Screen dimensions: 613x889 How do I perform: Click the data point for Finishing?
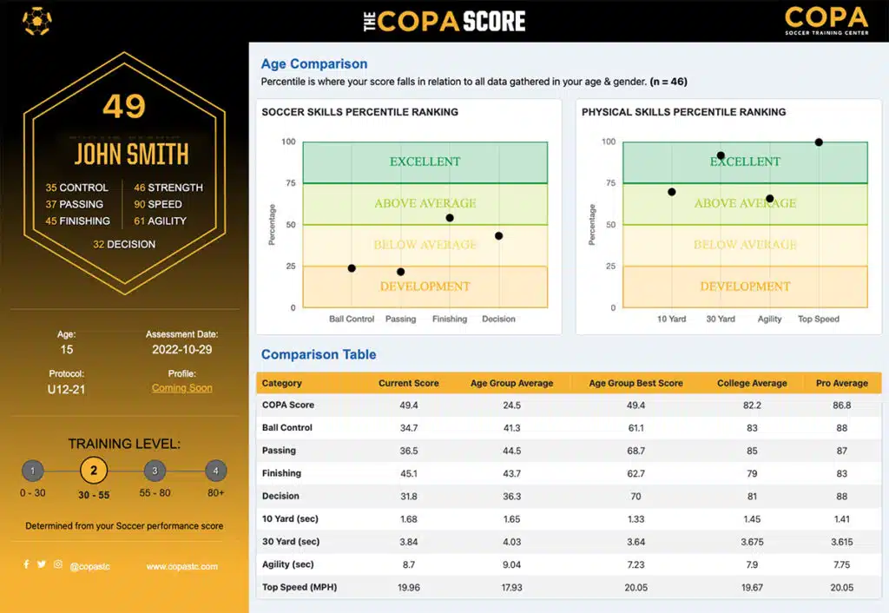point(450,218)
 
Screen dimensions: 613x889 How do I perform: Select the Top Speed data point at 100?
point(819,142)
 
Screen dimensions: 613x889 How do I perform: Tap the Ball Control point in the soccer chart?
point(352,268)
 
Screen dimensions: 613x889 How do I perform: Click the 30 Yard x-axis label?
point(721,319)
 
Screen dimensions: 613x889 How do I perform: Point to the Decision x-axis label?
point(498,319)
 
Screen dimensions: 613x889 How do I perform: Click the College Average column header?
point(752,383)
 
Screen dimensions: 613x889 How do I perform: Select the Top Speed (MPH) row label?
point(300,587)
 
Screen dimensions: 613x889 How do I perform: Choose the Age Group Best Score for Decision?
point(635,496)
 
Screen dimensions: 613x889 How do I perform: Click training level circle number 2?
point(94,471)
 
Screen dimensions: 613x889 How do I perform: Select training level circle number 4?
point(216,471)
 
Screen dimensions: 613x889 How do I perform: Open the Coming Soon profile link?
point(181,388)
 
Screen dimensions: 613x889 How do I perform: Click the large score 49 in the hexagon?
point(124,107)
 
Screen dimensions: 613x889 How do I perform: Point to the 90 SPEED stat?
point(158,204)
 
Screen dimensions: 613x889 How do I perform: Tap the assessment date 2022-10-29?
point(181,350)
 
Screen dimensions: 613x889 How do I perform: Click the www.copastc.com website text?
point(181,566)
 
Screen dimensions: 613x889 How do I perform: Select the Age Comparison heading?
point(314,63)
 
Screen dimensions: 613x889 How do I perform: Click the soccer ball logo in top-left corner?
point(36,21)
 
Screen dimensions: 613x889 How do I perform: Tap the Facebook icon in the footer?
point(27,564)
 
